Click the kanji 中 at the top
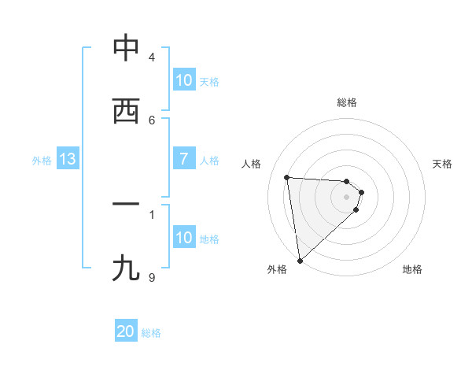click(x=126, y=49)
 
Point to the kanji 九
click(x=126, y=268)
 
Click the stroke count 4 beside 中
click(x=152, y=57)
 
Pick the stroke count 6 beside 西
click(x=152, y=120)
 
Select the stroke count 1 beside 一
click(x=152, y=213)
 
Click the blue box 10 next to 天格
click(x=184, y=80)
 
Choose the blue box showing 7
click(x=184, y=159)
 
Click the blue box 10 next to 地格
click(x=184, y=238)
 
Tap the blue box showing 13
click(x=68, y=159)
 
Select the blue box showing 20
click(x=126, y=331)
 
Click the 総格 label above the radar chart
click(x=347, y=102)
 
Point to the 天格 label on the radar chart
click(x=443, y=164)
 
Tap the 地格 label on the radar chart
click(x=412, y=269)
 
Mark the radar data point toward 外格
click(x=299, y=260)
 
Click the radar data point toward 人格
click(x=287, y=177)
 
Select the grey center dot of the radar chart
click(x=347, y=197)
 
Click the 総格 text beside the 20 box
click(x=151, y=333)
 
